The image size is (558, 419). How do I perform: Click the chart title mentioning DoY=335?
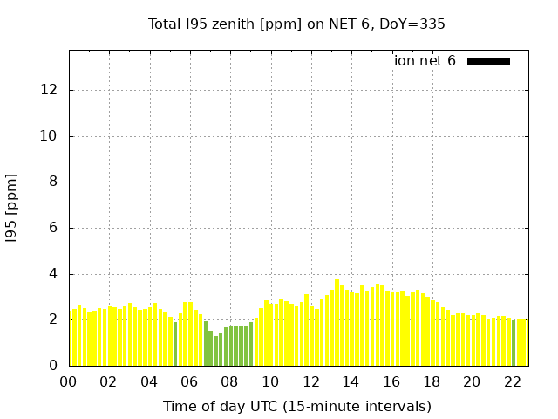[296, 24]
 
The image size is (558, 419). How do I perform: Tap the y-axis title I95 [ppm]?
[12, 208]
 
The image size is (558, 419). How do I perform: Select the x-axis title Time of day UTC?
[296, 406]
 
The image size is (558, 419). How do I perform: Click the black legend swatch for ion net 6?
[488, 61]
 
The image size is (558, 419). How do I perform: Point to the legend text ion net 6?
[425, 61]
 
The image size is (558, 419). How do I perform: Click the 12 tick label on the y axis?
[51, 90]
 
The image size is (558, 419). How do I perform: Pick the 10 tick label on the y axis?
[51, 136]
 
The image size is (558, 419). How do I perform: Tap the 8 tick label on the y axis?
[54, 182]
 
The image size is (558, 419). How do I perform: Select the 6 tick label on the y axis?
[54, 228]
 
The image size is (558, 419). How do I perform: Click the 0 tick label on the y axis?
[54, 365]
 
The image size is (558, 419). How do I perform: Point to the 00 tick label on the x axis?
[68, 381]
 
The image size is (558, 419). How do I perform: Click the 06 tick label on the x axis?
[190, 381]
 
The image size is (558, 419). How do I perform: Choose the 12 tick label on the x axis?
[311, 381]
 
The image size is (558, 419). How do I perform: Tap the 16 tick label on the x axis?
[391, 381]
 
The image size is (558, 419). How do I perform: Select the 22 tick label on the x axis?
[513, 381]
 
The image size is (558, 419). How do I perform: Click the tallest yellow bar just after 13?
[337, 323]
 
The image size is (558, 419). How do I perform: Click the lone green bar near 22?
[514, 343]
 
